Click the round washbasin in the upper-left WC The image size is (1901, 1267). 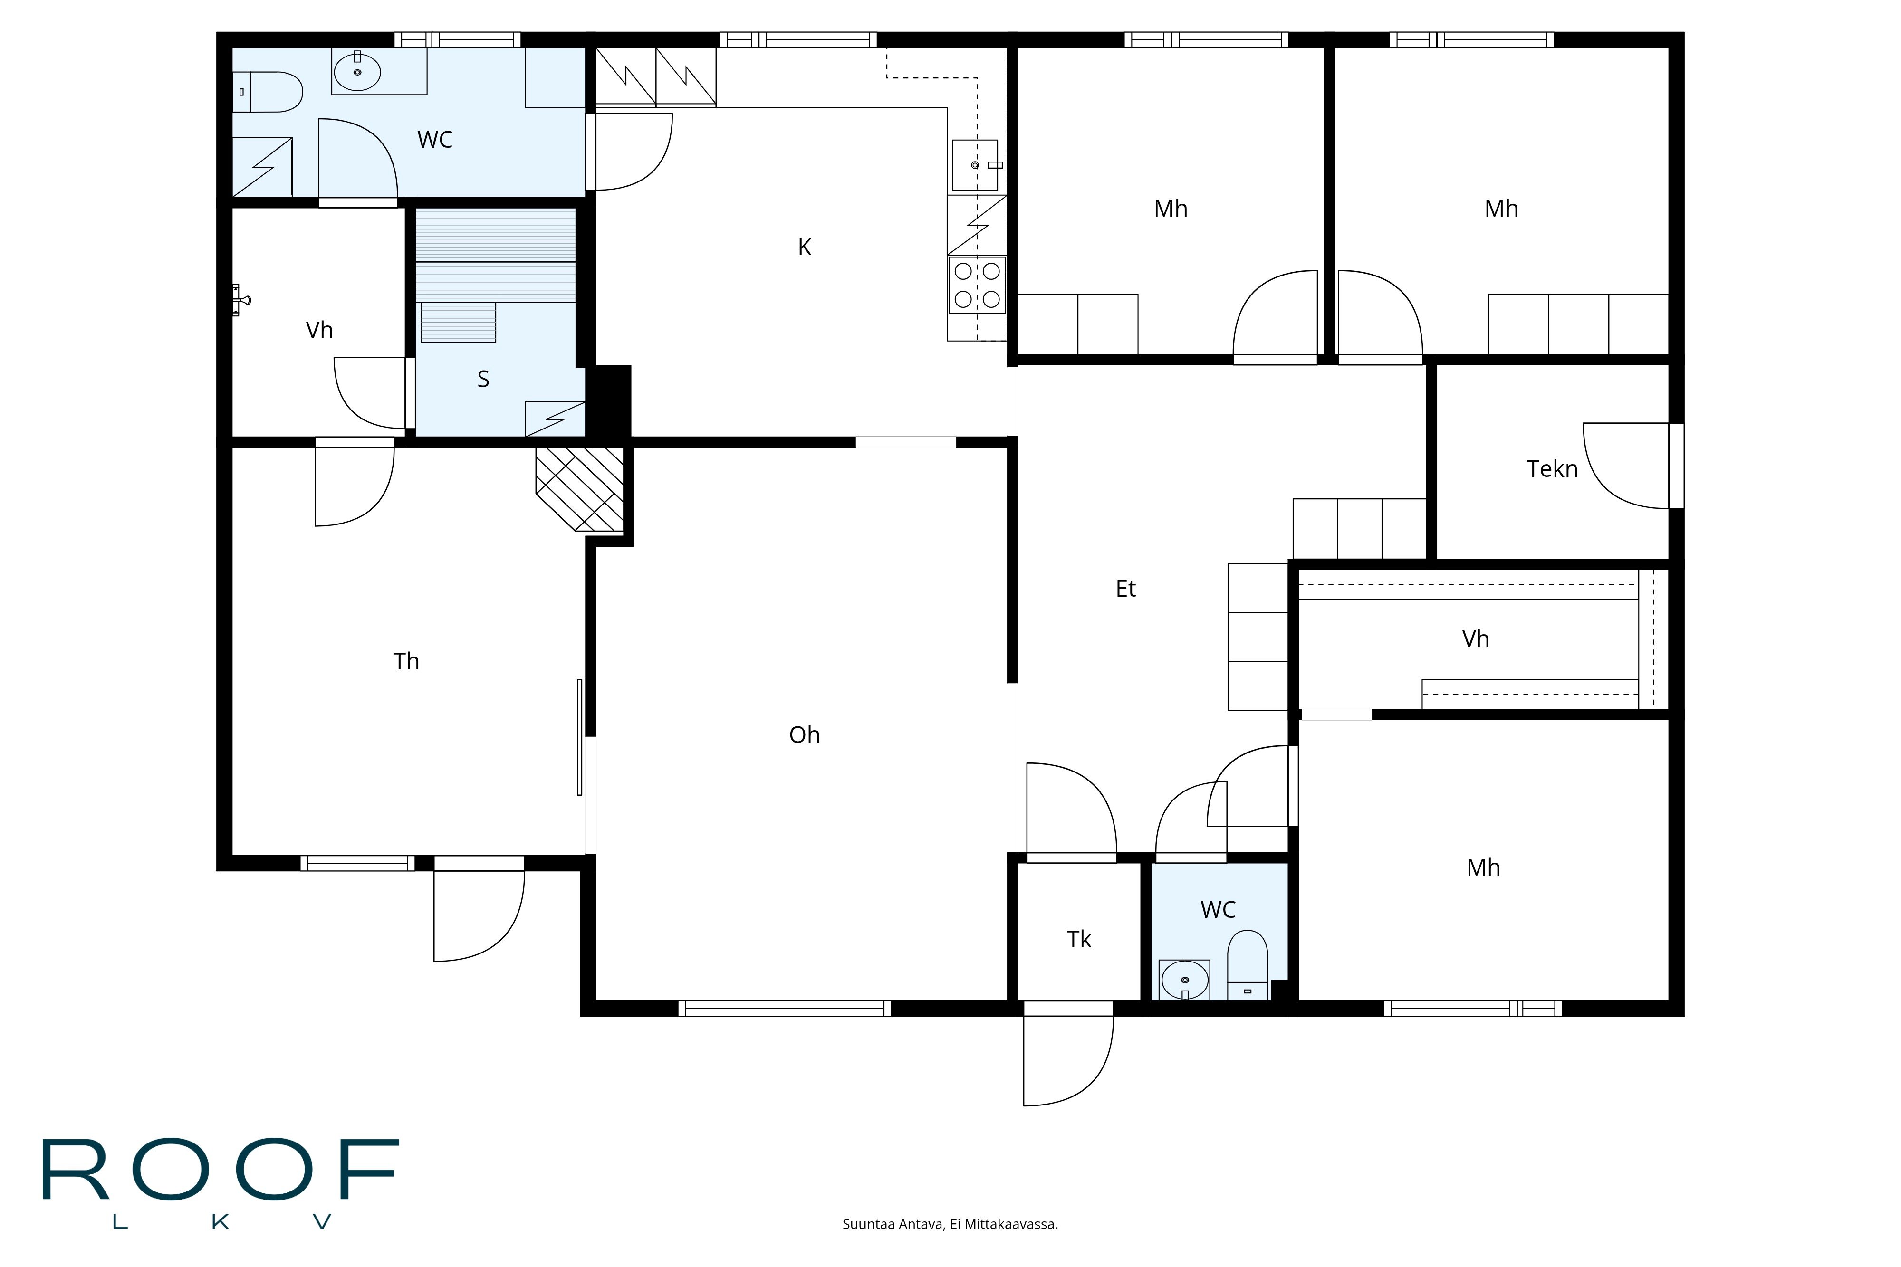[357, 72]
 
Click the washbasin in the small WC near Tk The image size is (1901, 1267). [1184, 980]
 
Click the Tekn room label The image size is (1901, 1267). [1551, 469]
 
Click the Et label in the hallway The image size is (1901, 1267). [1125, 589]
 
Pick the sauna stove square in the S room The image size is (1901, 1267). [555, 419]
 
